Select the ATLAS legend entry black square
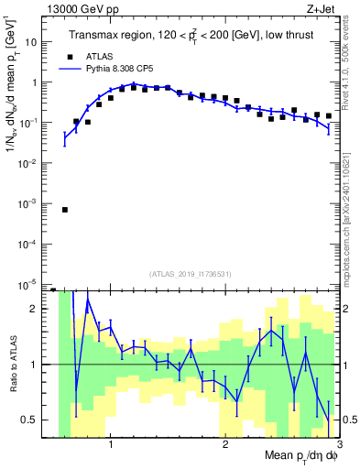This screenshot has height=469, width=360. (x=70, y=56)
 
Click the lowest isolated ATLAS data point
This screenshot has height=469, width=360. (x=65, y=210)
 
